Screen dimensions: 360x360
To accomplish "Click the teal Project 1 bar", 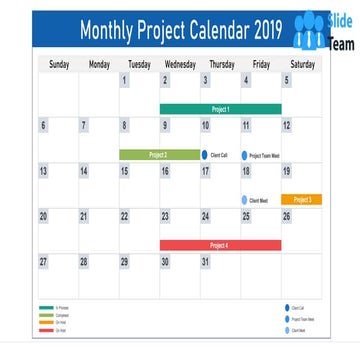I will click(x=220, y=109).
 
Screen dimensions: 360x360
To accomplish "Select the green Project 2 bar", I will click(x=159, y=155).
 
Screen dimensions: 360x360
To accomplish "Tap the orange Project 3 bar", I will click(x=301, y=200).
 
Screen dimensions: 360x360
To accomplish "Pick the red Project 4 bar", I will click(x=220, y=245).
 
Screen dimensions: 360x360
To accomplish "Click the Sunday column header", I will click(x=59, y=65).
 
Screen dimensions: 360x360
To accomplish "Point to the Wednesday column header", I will click(x=180, y=65).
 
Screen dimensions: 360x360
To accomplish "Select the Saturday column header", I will click(x=302, y=65).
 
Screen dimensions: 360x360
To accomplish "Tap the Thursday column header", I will click(x=221, y=65).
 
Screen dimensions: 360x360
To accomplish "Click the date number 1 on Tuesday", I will click(x=125, y=81).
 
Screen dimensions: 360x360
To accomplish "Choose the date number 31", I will click(x=205, y=262).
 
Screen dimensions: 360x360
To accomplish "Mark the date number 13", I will click(x=43, y=172).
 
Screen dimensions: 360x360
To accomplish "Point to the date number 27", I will click(x=43, y=262).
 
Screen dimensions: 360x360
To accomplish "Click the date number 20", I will click(x=43, y=217).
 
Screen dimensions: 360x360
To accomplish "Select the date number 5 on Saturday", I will click(x=286, y=81).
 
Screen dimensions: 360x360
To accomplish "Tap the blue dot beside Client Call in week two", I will click(x=205, y=155).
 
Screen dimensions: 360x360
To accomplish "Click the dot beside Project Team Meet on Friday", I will click(x=244, y=156).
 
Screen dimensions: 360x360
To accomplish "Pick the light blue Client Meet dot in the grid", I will click(x=244, y=200).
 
